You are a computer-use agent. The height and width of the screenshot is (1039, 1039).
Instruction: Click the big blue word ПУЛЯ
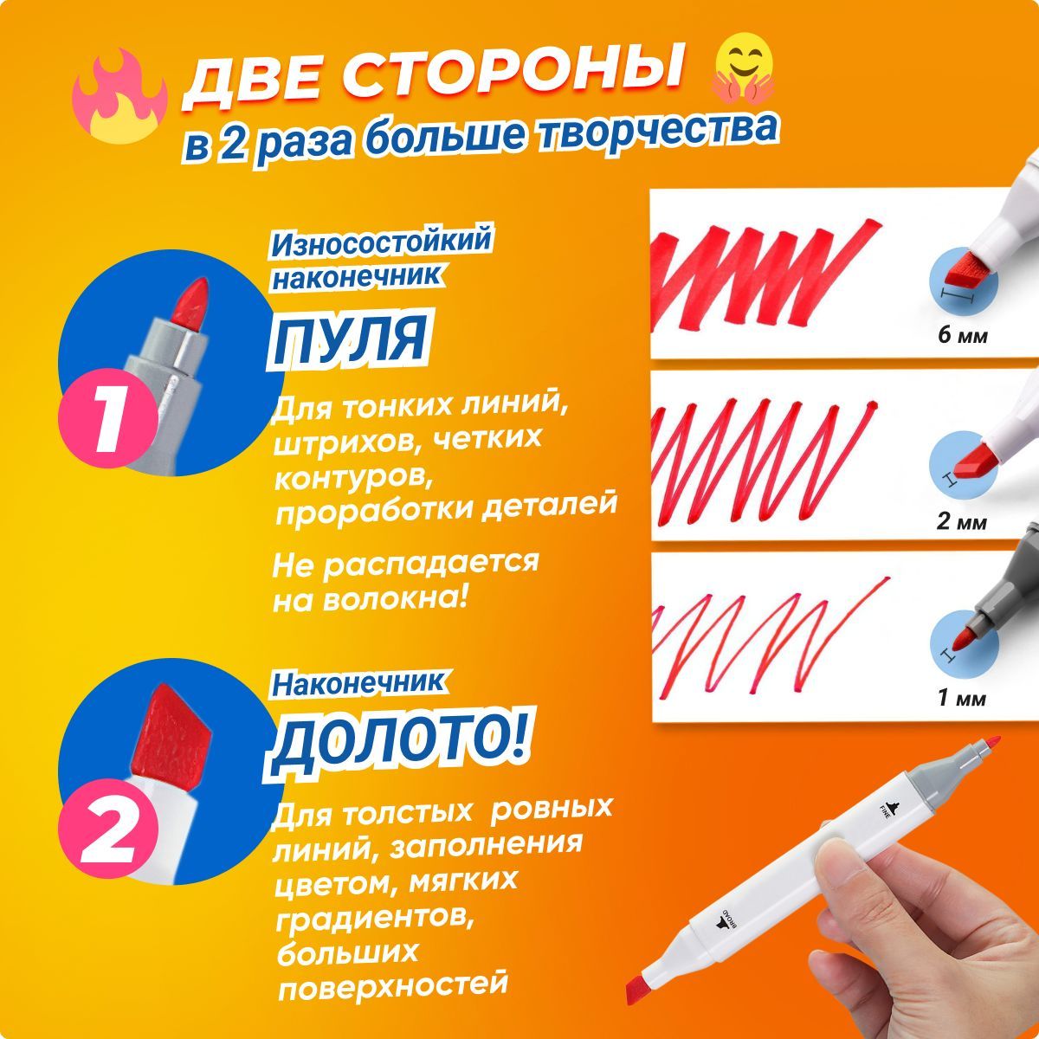(350, 339)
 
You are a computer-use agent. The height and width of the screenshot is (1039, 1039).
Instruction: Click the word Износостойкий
(381, 242)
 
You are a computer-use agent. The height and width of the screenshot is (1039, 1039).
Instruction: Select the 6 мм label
(963, 336)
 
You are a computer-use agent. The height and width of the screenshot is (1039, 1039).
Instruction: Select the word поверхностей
(394, 984)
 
